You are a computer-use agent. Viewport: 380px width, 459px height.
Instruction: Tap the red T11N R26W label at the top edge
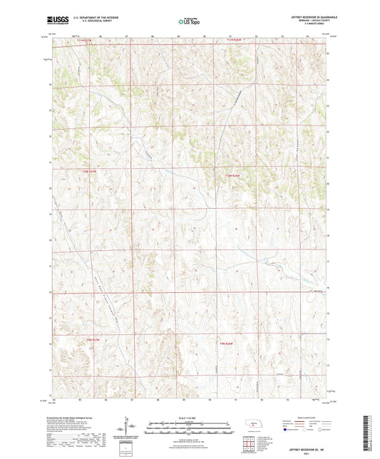(x=235, y=40)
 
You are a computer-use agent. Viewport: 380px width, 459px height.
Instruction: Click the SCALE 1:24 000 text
(x=190, y=418)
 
